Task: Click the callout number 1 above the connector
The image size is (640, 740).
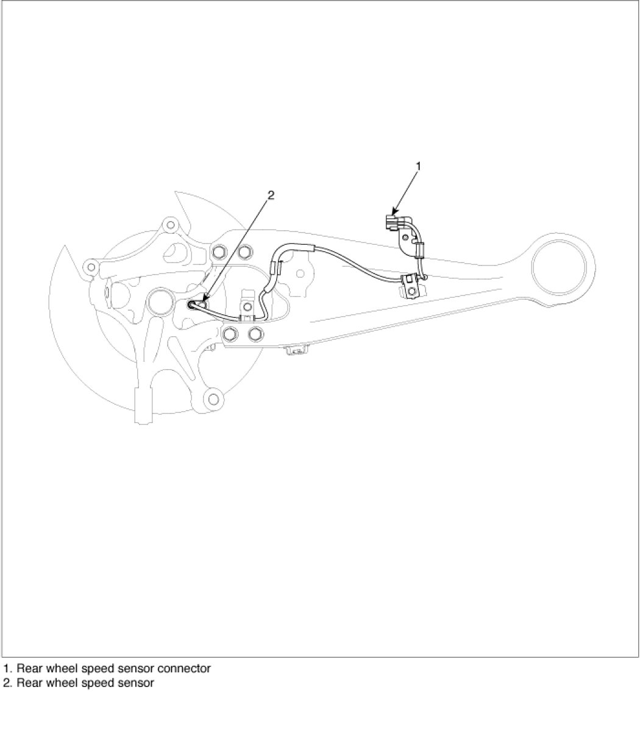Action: [418, 166]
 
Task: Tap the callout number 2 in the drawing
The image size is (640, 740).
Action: [271, 196]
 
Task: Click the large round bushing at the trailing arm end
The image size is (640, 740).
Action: [563, 266]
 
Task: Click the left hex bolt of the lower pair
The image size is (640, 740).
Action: [230, 333]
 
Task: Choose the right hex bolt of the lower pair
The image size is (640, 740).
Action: [255, 333]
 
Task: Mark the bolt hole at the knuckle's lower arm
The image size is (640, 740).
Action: [213, 399]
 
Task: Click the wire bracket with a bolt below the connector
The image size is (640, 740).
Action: [411, 287]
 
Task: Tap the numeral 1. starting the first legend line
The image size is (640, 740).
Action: [7, 668]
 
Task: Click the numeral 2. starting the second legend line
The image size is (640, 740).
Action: [7, 683]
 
